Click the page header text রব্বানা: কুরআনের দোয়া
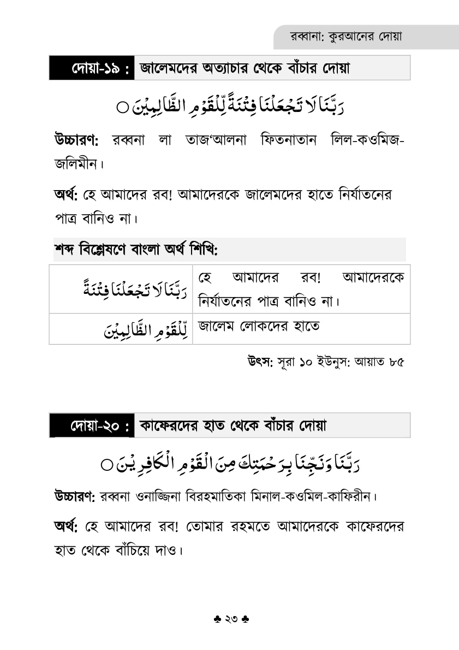click(347, 38)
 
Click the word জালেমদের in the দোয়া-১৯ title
click(171, 69)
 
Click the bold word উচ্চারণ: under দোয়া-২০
click(75, 497)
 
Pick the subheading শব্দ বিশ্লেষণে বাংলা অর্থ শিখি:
click(136, 250)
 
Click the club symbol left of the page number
click(216, 620)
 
